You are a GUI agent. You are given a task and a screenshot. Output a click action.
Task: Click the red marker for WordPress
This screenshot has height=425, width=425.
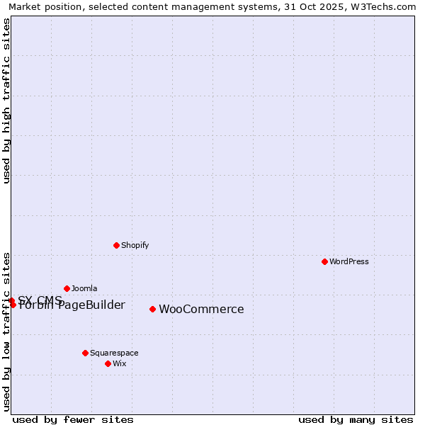coord(324,261)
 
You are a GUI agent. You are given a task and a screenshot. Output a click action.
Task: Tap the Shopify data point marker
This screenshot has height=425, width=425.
coord(116,245)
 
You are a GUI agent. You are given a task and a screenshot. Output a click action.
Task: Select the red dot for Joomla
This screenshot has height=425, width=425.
coord(67,288)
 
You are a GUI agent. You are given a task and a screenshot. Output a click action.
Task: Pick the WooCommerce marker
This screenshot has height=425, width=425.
coord(152,309)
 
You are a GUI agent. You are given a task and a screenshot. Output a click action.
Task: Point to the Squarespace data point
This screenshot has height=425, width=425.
coord(85,353)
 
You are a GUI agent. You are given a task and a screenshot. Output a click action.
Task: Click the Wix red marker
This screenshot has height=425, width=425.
coord(108,363)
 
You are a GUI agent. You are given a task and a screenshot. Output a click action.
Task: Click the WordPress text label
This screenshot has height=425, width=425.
coord(349,261)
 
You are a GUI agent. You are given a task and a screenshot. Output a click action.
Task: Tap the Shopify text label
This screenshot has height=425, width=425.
coord(135,245)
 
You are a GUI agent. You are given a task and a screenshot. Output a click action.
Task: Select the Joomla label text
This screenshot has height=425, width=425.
coord(84,288)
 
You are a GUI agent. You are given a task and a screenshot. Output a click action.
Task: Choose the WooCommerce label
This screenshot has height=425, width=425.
coord(201,309)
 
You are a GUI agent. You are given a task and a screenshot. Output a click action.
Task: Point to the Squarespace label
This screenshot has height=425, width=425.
coord(114,353)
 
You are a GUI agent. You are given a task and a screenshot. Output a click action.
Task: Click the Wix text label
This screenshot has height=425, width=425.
coord(119,363)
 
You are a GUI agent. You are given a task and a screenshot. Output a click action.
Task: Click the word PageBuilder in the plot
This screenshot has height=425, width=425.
coord(92,305)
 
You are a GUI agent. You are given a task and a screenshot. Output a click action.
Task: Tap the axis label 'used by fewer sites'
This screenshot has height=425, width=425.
coord(73,419)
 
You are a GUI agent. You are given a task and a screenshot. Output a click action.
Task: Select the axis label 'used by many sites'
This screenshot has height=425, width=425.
coord(356,419)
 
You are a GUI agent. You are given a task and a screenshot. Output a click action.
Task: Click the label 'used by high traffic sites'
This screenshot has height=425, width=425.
coord(6,101)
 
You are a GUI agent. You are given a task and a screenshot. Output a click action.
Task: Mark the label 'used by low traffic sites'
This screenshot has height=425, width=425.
coord(6,331)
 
